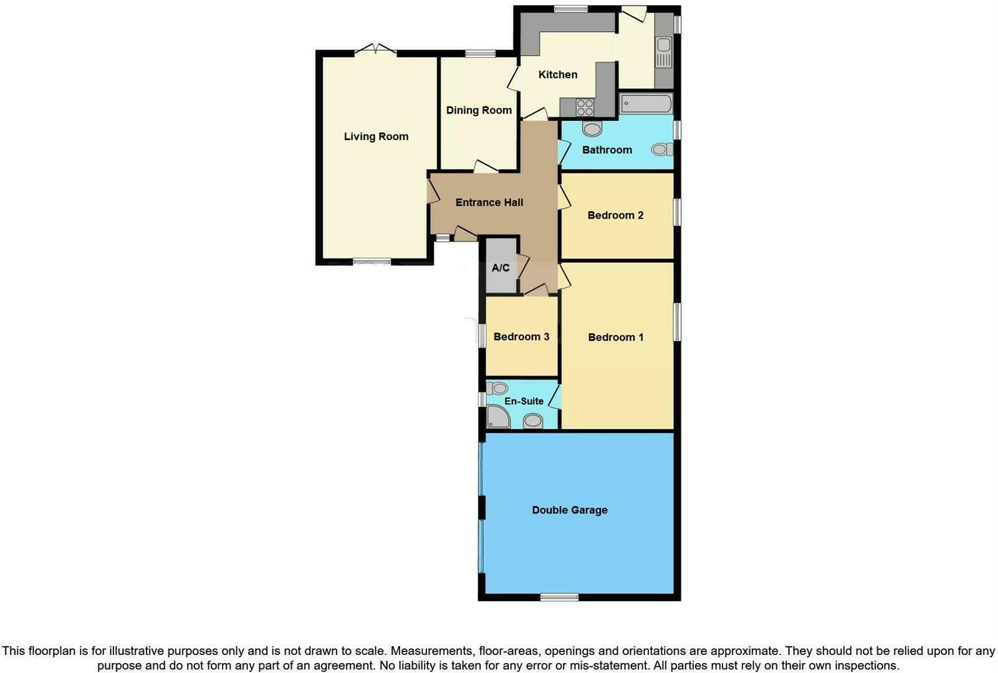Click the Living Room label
376,136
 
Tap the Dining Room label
479,110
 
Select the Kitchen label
557,75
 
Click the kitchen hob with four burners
585,107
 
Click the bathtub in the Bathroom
646,103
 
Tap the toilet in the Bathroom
661,150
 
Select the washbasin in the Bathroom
592,129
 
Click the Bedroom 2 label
615,216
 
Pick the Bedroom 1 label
616,337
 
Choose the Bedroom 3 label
521,336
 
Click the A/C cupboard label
501,268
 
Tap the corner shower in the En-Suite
497,418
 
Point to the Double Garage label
569,510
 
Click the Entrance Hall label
489,203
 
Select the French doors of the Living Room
375,50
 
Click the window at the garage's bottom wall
559,597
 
